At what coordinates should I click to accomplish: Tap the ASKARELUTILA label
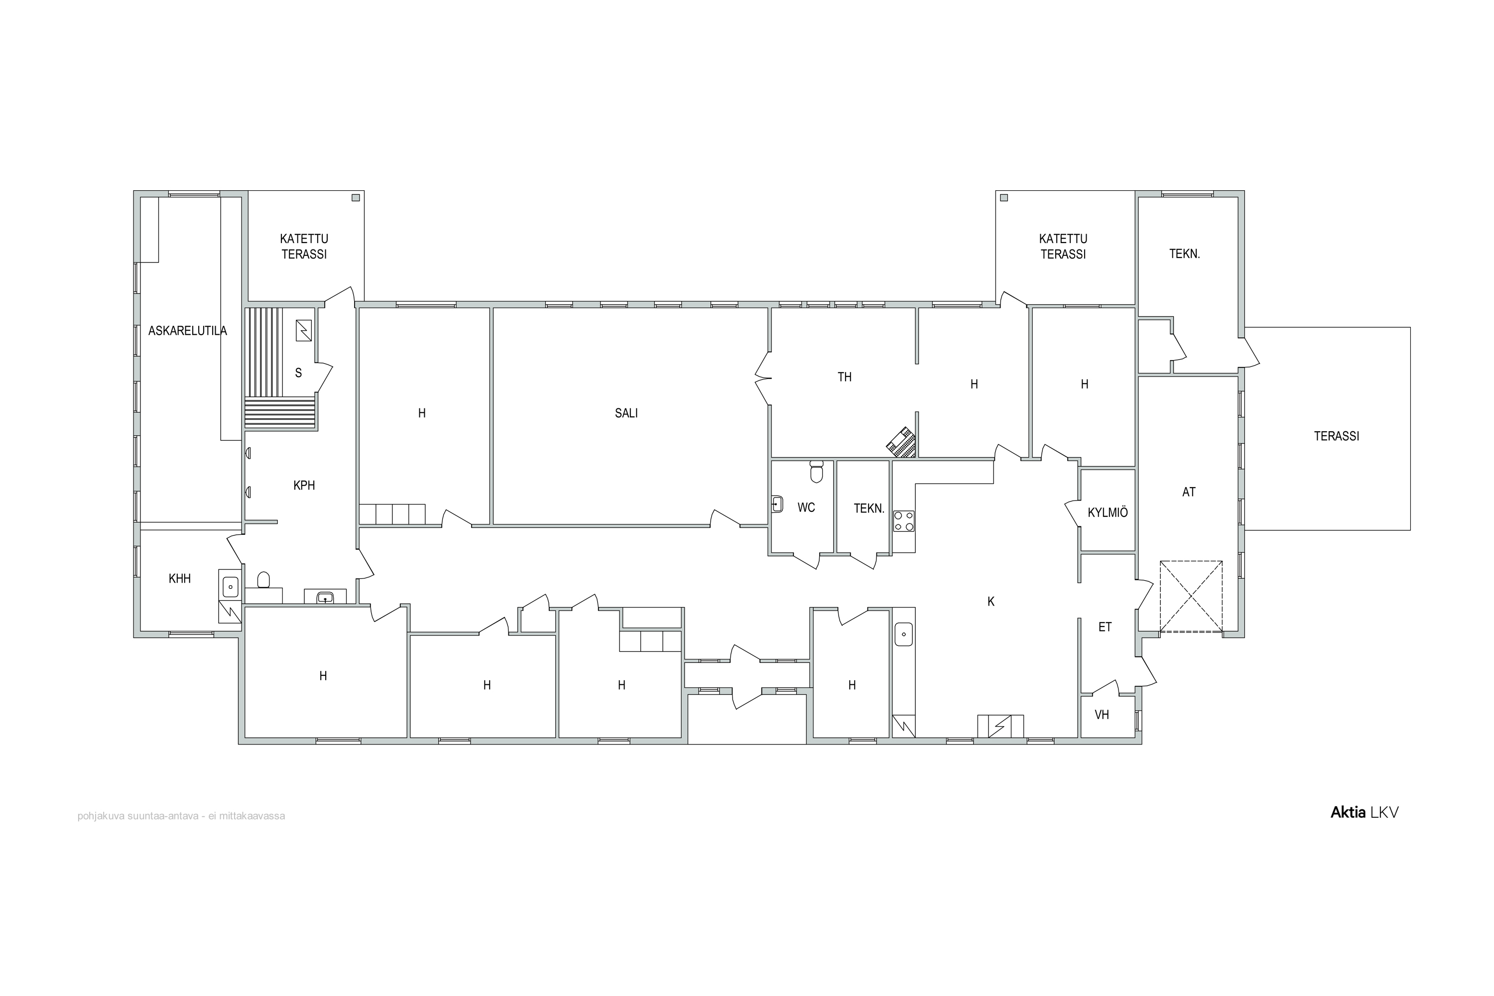(x=187, y=330)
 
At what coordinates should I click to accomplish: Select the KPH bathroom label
(x=304, y=485)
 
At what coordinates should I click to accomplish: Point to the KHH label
(x=180, y=578)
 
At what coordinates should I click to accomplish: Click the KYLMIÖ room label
(x=1108, y=512)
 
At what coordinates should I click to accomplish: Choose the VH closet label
(x=1102, y=715)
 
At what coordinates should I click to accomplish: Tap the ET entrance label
(x=1105, y=627)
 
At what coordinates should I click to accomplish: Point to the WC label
(x=806, y=507)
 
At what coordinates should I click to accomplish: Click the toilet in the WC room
(x=817, y=472)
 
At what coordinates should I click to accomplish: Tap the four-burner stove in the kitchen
(x=904, y=521)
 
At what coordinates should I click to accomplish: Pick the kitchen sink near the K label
(x=903, y=634)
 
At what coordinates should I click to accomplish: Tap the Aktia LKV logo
(x=1365, y=812)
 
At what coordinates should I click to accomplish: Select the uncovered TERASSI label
(x=1337, y=436)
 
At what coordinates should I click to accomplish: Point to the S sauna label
(x=298, y=373)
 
